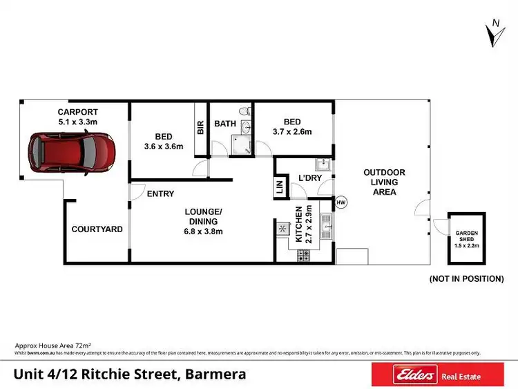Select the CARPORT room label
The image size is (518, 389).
(x=77, y=112)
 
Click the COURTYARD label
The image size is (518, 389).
(x=97, y=229)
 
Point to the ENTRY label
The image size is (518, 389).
(x=160, y=194)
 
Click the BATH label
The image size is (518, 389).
(x=225, y=124)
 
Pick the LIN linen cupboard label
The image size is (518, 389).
(x=280, y=187)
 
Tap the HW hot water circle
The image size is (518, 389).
(x=341, y=202)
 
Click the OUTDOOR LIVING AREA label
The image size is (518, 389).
(x=385, y=182)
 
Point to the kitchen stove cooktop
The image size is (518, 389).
(x=303, y=256)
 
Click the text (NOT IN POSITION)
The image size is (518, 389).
(x=466, y=279)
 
